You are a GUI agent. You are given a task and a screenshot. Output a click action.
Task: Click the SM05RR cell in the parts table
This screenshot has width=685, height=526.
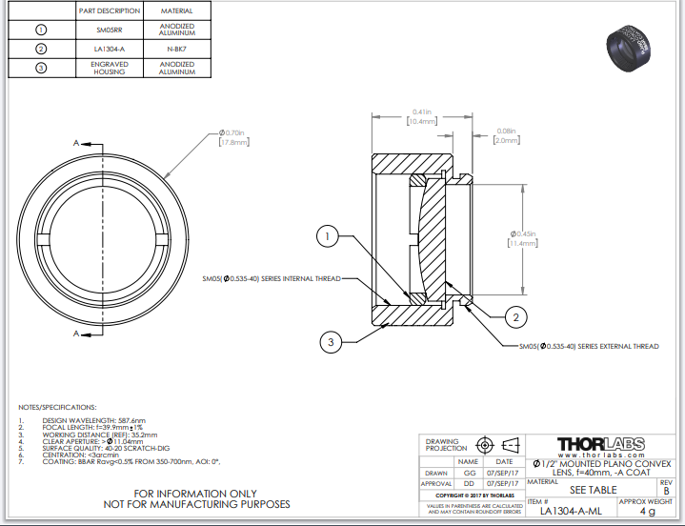111,30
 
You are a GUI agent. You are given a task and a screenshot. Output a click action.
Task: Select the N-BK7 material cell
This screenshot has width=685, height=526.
177,48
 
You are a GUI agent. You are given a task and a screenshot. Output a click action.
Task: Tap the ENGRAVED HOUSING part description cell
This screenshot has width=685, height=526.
111,68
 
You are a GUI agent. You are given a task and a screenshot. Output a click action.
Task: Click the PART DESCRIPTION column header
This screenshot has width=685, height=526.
111,10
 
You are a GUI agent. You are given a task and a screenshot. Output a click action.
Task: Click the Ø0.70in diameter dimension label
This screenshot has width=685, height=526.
233,137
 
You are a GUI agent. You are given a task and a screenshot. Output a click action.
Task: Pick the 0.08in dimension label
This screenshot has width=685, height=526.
506,135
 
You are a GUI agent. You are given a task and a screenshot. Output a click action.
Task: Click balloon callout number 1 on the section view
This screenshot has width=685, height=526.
327,235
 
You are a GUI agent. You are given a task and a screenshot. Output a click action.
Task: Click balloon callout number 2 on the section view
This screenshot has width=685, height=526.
515,316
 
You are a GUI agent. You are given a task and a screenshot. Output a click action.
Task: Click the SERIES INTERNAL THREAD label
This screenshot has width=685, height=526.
271,279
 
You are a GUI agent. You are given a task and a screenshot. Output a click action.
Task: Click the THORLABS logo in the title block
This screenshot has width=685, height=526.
600,444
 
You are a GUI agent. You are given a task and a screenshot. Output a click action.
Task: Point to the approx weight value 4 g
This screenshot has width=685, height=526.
647,511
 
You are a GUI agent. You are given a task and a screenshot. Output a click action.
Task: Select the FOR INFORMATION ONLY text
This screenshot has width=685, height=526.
195,493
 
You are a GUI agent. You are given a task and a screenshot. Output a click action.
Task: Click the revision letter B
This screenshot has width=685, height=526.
666,491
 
